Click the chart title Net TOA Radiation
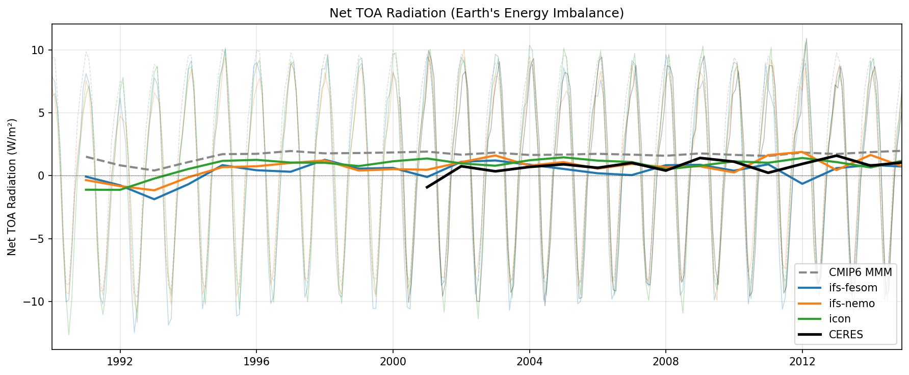coord(477,13)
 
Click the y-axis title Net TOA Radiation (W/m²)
coord(12,187)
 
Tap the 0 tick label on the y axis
coord(42,176)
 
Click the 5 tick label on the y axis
coord(42,113)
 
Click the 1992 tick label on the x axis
coord(120,362)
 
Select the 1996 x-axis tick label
coord(256,362)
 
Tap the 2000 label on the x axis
coord(393,362)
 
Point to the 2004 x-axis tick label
coord(529,362)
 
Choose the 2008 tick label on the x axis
coord(665,362)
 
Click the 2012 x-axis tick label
coord(802,362)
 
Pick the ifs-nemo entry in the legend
coord(851,304)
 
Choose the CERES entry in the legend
coord(846,335)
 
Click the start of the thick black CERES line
coord(427,187)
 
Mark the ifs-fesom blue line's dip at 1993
coord(154,199)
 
